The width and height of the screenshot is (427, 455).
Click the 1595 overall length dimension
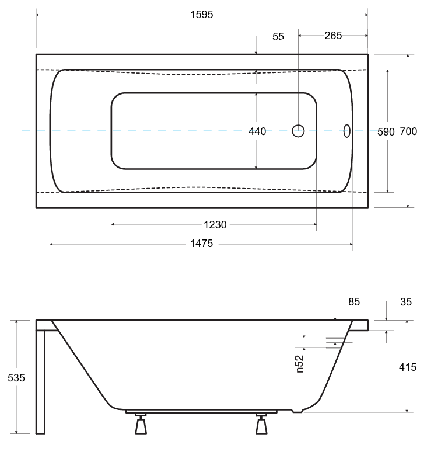(x=201, y=15)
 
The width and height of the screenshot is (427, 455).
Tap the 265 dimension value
(x=333, y=36)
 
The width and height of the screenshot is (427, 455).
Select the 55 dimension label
(x=278, y=37)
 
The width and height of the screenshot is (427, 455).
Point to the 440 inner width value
(x=257, y=131)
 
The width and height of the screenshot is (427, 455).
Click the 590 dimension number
(x=386, y=132)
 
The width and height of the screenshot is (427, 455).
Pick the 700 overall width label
(x=408, y=131)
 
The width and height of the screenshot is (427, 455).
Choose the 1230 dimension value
(x=215, y=225)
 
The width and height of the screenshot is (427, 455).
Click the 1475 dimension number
(x=201, y=244)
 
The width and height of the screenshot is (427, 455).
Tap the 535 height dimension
(x=16, y=378)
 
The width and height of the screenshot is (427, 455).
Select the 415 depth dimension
(x=408, y=367)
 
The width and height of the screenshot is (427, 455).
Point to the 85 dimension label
(x=354, y=302)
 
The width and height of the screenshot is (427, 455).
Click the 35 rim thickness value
(x=406, y=302)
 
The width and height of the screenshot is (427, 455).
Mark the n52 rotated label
(x=299, y=364)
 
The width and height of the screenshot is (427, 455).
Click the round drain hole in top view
(x=298, y=125)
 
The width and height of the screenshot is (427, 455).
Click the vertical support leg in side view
(x=40, y=382)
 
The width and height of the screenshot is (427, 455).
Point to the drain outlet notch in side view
(x=297, y=411)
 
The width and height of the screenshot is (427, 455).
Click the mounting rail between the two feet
(x=201, y=411)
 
